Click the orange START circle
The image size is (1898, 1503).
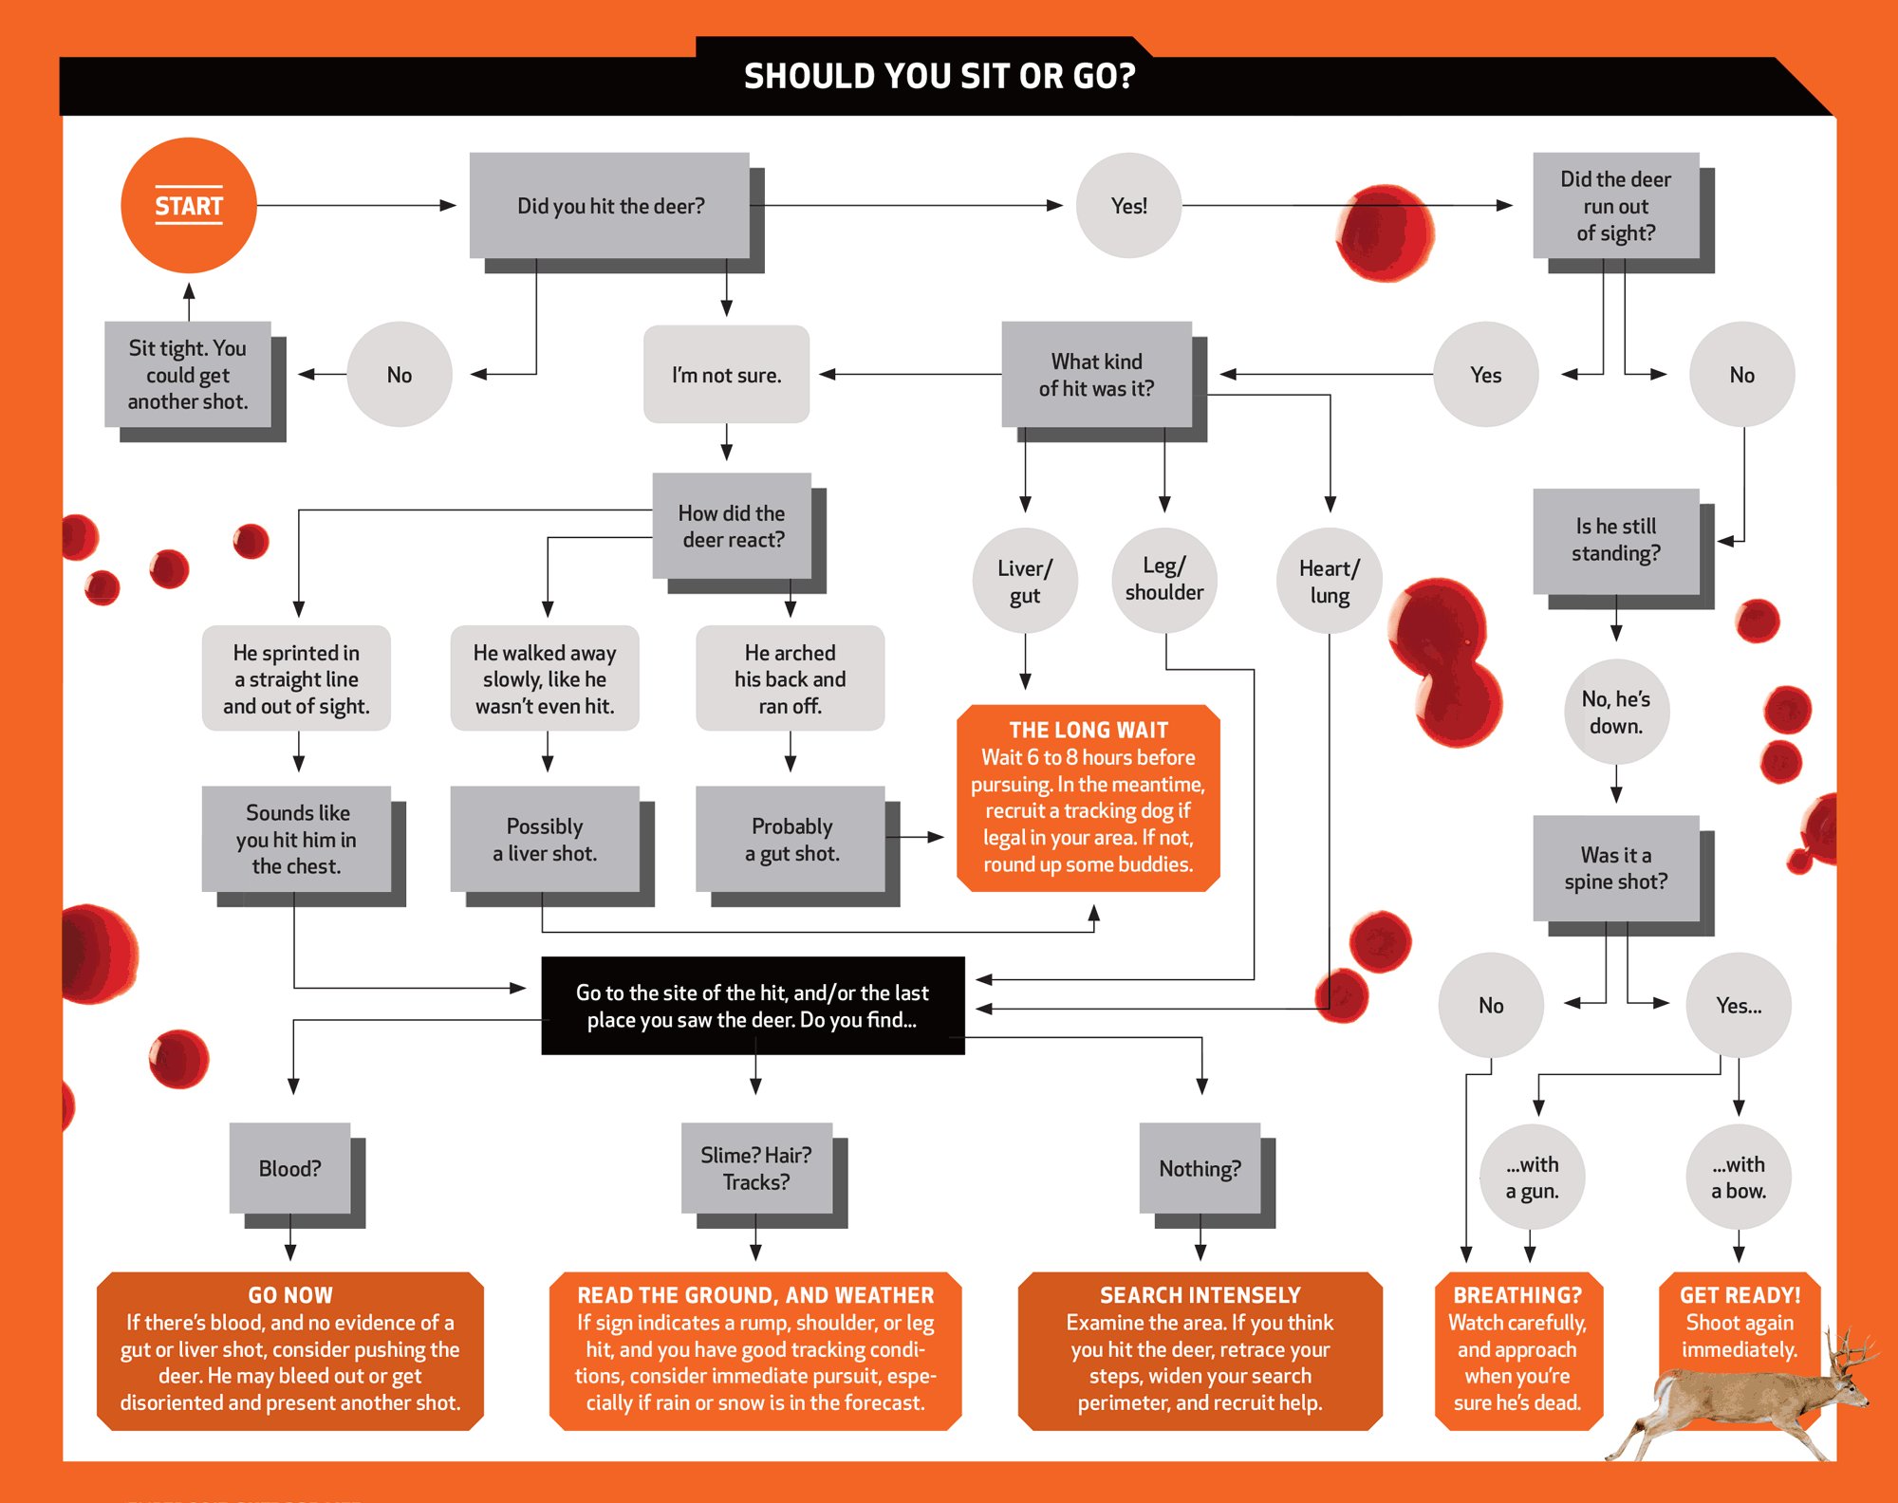pyautogui.click(x=189, y=205)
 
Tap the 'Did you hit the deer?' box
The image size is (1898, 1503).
pyautogui.click(x=610, y=205)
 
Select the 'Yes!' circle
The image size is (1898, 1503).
pyautogui.click(x=1128, y=205)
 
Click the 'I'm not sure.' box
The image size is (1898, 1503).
pyautogui.click(x=726, y=374)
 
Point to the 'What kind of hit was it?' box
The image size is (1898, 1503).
pyautogui.click(x=1096, y=374)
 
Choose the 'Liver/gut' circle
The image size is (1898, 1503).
pyautogui.click(x=1025, y=581)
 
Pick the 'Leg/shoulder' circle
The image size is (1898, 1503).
pyautogui.click(x=1164, y=579)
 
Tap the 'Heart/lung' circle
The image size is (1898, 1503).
pyautogui.click(x=1329, y=581)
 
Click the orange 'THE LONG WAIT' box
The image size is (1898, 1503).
pyautogui.click(x=1088, y=797)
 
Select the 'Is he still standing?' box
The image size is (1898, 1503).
pyautogui.click(x=1615, y=540)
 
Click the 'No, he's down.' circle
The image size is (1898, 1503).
pyautogui.click(x=1615, y=712)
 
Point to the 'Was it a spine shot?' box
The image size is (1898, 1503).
pyautogui.click(x=1615, y=867)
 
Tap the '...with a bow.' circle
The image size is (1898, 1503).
pyautogui.click(x=1739, y=1177)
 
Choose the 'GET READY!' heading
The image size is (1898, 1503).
pyautogui.click(x=1740, y=1295)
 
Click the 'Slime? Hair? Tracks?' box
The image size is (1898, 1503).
pyautogui.click(x=756, y=1168)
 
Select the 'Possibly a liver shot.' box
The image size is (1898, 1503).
pyautogui.click(x=545, y=839)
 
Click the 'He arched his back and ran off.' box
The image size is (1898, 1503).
pyautogui.click(x=790, y=678)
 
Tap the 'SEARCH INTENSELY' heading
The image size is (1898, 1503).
pyautogui.click(x=1200, y=1295)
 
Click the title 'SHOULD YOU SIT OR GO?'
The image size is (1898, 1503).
pyautogui.click(x=940, y=76)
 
